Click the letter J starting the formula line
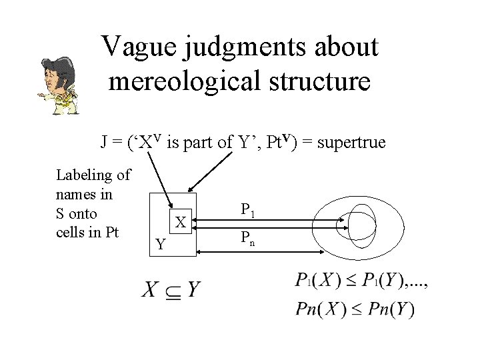pos(105,141)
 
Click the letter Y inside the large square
pos(160,245)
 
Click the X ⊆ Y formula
pos(171,289)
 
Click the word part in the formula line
pos(203,142)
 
